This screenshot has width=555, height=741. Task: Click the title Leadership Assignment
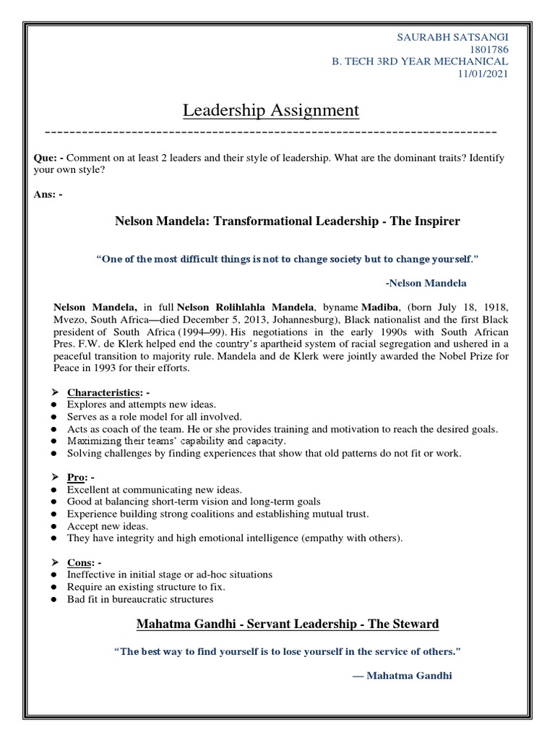270,111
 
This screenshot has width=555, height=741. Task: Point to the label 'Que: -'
48,158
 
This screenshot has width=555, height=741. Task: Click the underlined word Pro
77,478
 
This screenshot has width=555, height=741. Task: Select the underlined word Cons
79,562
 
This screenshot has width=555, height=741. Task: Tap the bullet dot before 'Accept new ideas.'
55,526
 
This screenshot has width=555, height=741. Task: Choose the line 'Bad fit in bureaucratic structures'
140,599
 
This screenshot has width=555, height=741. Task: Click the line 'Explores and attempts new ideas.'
141,405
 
